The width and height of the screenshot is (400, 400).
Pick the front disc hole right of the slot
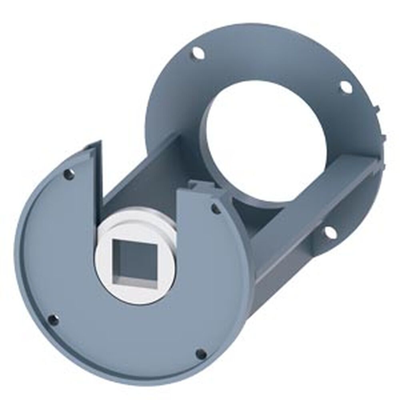tap(215, 208)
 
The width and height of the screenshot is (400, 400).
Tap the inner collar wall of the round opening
tap(212, 160)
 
